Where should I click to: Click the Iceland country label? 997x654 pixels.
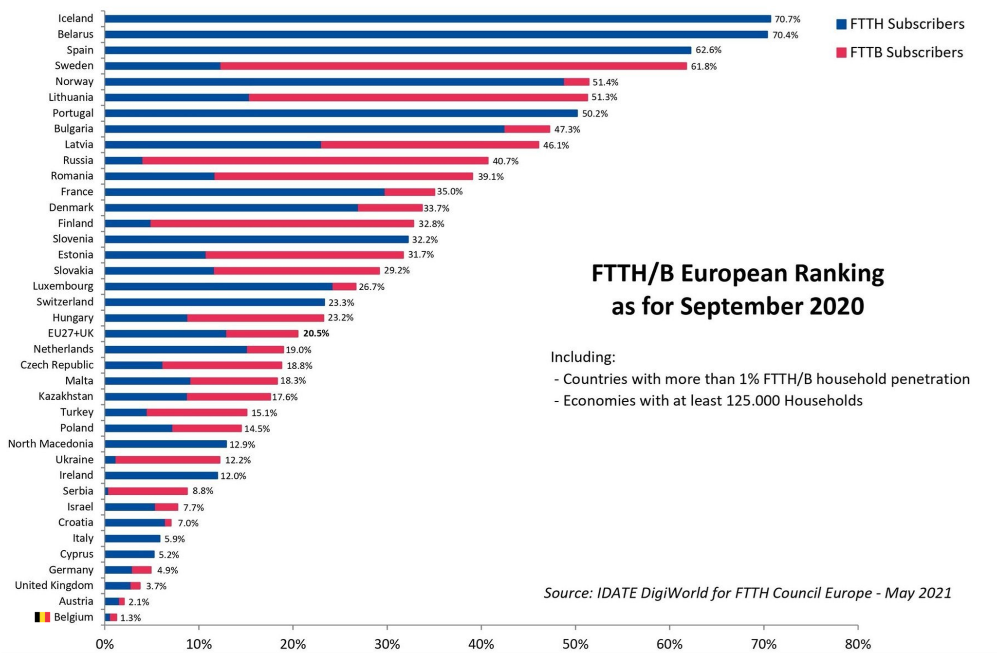tap(75, 19)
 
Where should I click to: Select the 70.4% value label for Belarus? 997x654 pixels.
tap(785, 35)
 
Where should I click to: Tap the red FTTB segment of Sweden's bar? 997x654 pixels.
tap(453, 66)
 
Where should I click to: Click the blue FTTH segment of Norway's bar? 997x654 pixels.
tap(334, 82)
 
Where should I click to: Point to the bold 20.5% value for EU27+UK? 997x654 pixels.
tap(316, 334)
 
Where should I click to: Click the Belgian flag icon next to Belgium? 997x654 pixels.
tap(42, 617)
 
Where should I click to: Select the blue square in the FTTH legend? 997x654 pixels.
tap(841, 24)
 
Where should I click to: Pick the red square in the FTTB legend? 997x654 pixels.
tap(841, 53)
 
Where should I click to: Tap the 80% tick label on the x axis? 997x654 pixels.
tap(858, 644)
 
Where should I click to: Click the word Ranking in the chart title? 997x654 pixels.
tap(839, 274)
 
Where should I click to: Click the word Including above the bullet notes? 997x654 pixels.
tap(583, 357)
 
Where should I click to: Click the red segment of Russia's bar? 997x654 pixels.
tap(315, 161)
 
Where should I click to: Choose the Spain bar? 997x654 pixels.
tap(398, 50)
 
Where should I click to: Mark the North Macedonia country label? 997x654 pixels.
tap(51, 444)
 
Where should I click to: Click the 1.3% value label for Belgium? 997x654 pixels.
tap(130, 618)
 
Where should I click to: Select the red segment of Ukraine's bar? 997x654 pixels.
tap(167, 460)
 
